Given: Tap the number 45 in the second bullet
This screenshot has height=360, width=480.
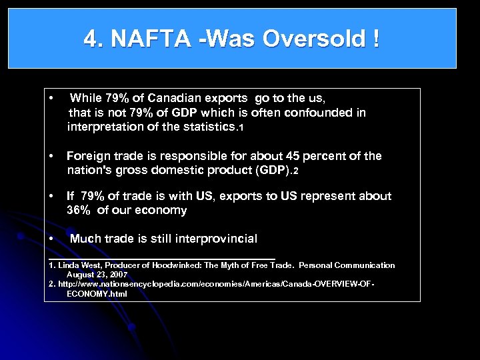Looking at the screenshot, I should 293,156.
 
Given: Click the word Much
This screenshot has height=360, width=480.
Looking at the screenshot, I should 84,239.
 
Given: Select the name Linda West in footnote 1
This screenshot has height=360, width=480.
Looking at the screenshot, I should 78,265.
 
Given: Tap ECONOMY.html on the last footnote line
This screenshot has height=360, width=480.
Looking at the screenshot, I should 97,293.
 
